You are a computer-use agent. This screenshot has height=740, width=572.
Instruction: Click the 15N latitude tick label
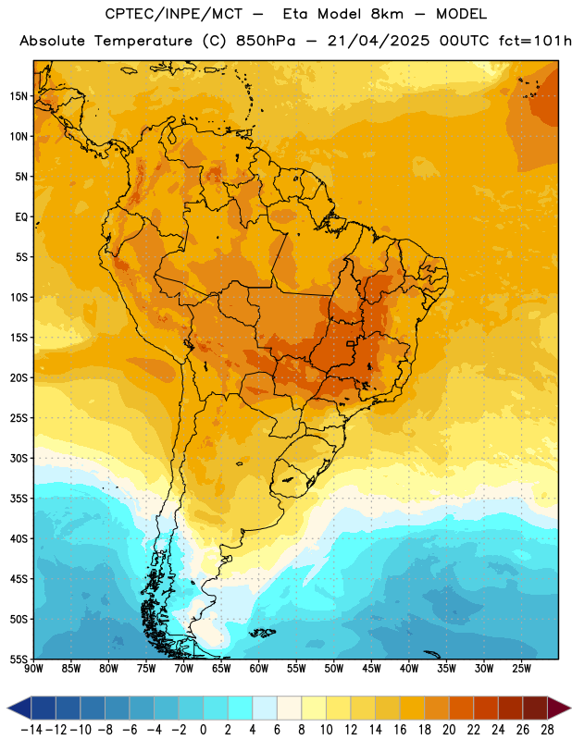19,96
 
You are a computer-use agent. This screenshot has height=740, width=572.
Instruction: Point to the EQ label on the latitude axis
21,217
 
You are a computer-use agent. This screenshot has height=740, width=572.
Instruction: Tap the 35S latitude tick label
19,499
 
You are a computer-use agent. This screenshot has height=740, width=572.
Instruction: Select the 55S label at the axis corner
19,659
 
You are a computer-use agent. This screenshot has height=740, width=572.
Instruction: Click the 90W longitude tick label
34,668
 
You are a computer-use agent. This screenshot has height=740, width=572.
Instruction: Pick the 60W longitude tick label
259,668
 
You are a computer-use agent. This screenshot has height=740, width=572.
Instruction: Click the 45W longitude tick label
371,668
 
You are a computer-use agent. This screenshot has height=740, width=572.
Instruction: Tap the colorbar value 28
547,730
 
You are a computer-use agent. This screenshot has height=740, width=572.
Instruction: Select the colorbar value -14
31,730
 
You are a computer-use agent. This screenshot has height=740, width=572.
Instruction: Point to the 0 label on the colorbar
203,730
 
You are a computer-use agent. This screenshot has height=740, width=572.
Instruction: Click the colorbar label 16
400,730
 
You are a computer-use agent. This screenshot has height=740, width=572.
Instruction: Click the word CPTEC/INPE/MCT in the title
174,14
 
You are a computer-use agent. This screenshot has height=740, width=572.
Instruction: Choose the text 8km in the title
387,14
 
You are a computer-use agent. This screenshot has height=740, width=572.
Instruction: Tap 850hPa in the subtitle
266,42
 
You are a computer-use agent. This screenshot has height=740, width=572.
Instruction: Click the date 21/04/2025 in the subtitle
379,42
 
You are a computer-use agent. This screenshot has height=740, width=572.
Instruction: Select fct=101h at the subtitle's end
535,42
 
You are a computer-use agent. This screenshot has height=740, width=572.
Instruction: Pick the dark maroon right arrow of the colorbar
559,708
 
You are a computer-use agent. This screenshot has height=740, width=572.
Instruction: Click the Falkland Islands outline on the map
262,633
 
